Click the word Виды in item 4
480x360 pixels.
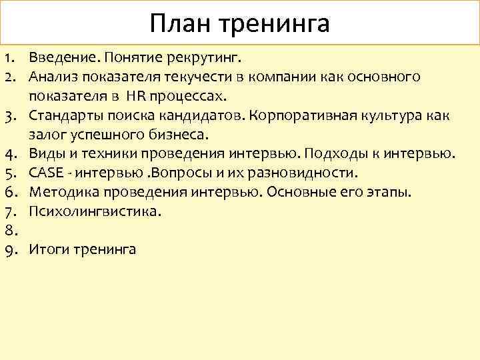coord(44,154)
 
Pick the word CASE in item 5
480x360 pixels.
coord(45,173)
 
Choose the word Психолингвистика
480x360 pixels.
coord(95,212)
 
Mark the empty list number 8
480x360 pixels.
coord(9,231)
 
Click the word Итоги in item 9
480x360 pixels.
coord(47,250)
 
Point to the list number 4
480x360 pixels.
coord(9,155)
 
